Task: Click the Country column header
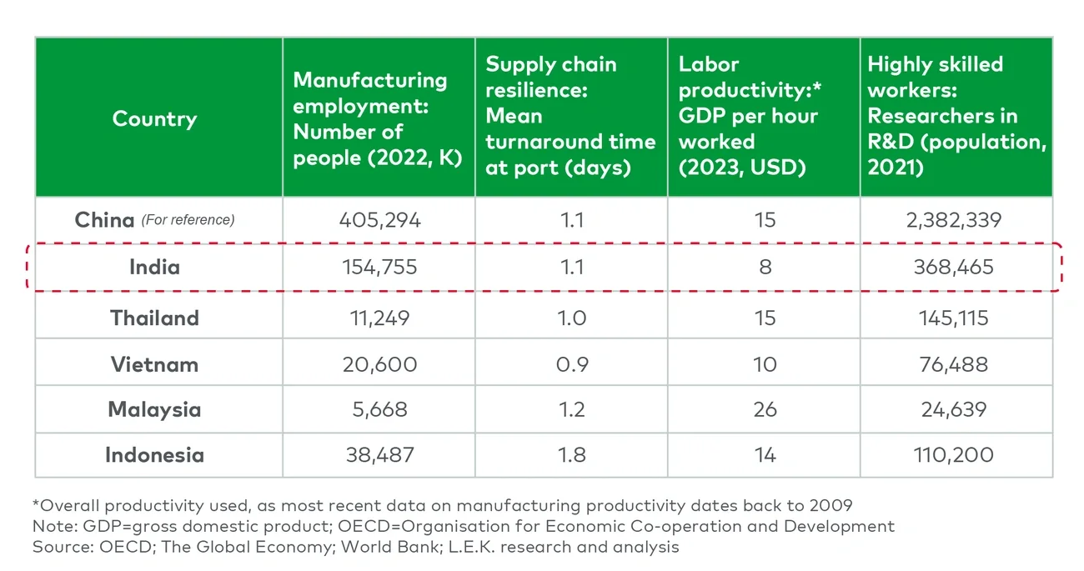(154, 118)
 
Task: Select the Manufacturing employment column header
(370, 118)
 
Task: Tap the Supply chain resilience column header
(570, 116)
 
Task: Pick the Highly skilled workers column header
(956, 116)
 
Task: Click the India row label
(154, 267)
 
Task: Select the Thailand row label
(154, 318)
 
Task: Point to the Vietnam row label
(154, 364)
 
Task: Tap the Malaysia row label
(154, 410)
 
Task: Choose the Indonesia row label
(154, 455)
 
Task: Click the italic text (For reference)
(188, 220)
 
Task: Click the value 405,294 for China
(379, 220)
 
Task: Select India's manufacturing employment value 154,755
(379, 267)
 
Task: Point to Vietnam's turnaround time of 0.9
(571, 364)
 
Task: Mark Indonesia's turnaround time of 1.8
(571, 455)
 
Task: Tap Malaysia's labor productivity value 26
(765, 410)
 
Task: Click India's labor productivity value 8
(765, 267)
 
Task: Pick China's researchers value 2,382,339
(956, 220)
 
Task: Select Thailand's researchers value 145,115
(956, 318)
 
